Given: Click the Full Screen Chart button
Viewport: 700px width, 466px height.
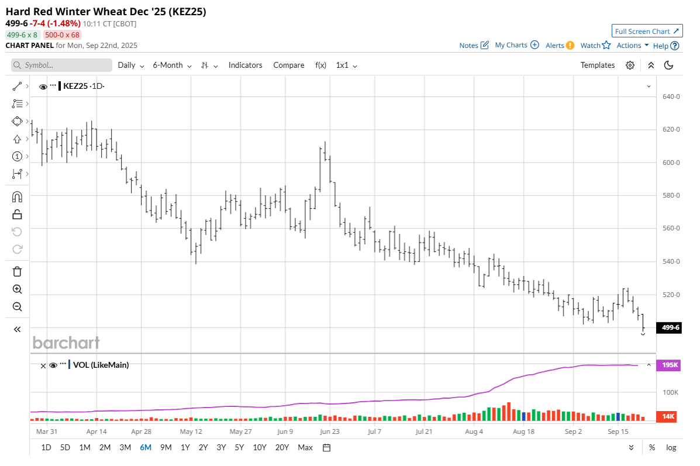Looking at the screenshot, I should pyautogui.click(x=647, y=31).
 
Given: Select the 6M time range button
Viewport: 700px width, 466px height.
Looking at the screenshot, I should pyautogui.click(x=145, y=447).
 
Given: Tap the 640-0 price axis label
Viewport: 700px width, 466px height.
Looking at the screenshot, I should pyautogui.click(x=670, y=96).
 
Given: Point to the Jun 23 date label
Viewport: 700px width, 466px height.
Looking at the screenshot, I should pyautogui.click(x=329, y=432).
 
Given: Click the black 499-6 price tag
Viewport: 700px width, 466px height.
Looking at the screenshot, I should pyautogui.click(x=669, y=327).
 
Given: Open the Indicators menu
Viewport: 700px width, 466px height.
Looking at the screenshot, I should pyautogui.click(x=245, y=65).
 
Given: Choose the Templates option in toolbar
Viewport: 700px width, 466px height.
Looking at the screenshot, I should pyautogui.click(x=597, y=65).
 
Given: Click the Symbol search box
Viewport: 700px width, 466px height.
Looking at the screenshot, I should pyautogui.click(x=62, y=65).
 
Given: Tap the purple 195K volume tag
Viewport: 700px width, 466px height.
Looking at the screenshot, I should pyautogui.click(x=669, y=365).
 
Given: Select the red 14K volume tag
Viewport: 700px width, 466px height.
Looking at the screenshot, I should pyautogui.click(x=669, y=416).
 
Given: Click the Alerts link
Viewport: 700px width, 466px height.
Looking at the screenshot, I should pyautogui.click(x=560, y=46).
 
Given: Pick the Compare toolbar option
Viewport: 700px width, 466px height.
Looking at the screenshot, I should pyautogui.click(x=288, y=65).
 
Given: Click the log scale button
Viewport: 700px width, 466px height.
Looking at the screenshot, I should pyautogui.click(x=671, y=447).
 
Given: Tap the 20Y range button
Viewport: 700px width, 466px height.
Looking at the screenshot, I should pyautogui.click(x=282, y=447).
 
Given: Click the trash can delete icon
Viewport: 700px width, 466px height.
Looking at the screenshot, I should pyautogui.click(x=17, y=271).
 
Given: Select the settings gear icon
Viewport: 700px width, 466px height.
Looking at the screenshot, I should pyautogui.click(x=630, y=65).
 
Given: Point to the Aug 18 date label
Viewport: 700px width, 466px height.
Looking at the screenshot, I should pyautogui.click(x=523, y=432).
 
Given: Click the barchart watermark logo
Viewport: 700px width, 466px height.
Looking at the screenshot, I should pyautogui.click(x=66, y=343).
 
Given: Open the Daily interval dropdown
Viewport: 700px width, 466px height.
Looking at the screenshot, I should pyautogui.click(x=130, y=65).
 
